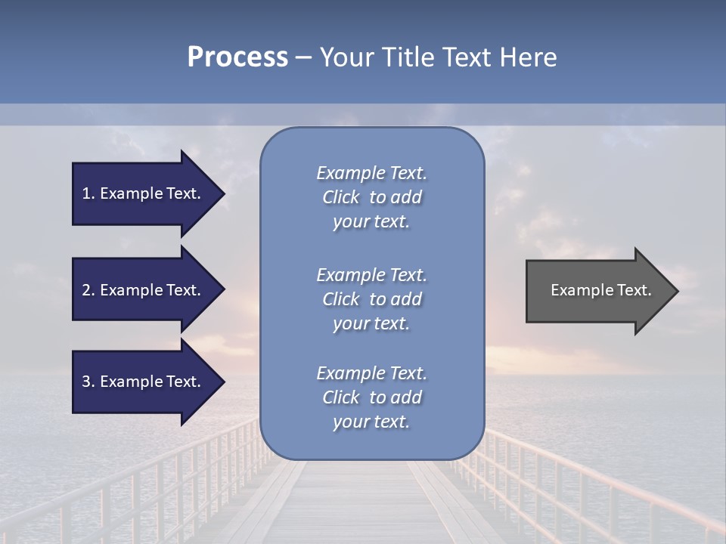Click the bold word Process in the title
(237, 57)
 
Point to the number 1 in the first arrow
(86, 193)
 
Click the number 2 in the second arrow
(86, 290)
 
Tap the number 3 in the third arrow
(86, 382)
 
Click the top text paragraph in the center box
(371, 197)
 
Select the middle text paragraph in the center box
(371, 299)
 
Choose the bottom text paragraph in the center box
(371, 397)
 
